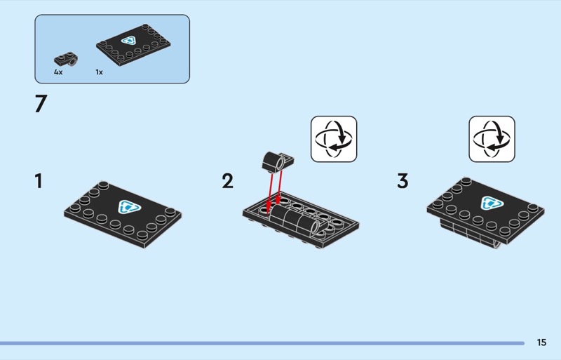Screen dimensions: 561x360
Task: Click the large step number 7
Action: (x=41, y=104)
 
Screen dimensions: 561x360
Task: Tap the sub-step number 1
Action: (x=39, y=181)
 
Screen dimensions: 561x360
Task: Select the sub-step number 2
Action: (x=227, y=181)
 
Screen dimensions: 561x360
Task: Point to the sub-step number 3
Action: (x=403, y=181)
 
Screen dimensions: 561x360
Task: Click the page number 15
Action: (x=541, y=342)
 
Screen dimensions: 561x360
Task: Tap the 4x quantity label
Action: (x=58, y=72)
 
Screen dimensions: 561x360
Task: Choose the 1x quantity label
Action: (x=99, y=72)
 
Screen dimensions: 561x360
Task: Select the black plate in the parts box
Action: (x=133, y=45)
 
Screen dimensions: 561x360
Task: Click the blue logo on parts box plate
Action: (x=129, y=41)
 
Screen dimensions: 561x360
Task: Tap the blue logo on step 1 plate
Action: (x=129, y=207)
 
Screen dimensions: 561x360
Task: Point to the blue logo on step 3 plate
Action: (x=492, y=203)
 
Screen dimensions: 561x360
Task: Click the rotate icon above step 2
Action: (x=334, y=139)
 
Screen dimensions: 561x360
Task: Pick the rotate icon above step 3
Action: (x=492, y=139)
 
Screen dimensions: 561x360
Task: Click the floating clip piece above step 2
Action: (x=278, y=161)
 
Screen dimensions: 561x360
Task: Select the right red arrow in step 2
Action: (x=279, y=187)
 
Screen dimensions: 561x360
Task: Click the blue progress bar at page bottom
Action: (x=262, y=343)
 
